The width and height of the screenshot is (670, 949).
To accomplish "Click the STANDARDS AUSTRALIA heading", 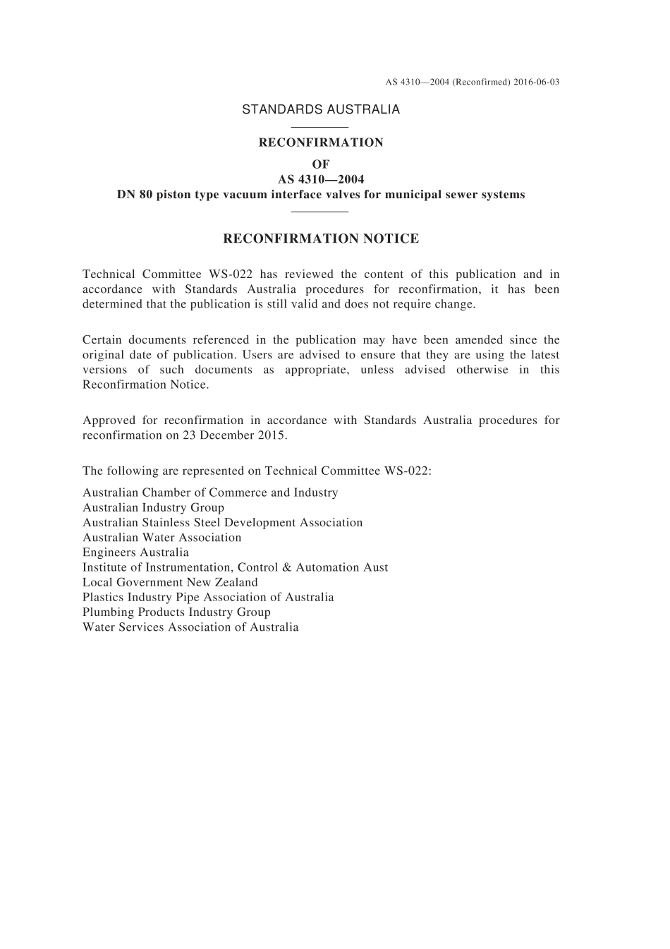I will tap(321, 109).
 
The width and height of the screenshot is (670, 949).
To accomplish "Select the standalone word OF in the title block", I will tap(321, 164).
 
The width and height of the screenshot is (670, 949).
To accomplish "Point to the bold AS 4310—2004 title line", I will tap(321, 179).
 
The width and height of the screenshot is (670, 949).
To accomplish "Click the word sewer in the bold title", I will tap(452, 195).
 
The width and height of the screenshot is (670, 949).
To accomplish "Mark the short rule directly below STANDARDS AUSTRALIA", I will tap(320, 127).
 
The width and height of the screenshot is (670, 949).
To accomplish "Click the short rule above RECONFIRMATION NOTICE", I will tap(320, 211).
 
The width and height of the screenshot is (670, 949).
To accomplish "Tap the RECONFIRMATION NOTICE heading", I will tap(321, 238).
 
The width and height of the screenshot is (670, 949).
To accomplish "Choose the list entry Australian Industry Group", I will tap(153, 507).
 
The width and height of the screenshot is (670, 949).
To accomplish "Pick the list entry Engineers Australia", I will tap(135, 552).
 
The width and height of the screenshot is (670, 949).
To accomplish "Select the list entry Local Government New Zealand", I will tap(170, 582).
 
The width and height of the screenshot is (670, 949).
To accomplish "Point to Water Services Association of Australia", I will tap(190, 627).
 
